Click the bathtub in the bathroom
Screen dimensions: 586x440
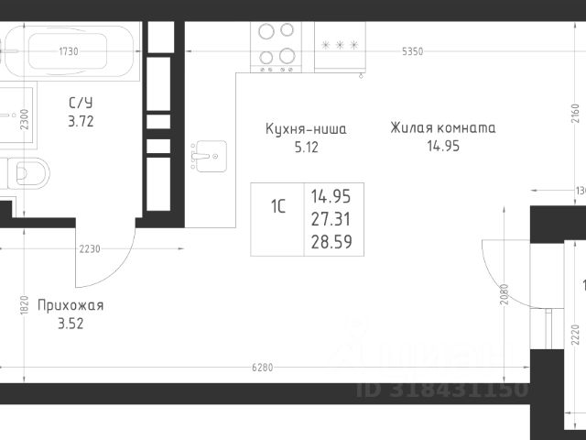point(72,51)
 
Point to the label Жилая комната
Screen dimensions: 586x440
point(442,127)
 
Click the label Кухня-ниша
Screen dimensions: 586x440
point(305,129)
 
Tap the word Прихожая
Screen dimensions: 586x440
point(70,305)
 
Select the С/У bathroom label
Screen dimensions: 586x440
point(81,103)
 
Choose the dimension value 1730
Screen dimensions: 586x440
point(68,51)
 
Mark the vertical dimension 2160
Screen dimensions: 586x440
point(575,113)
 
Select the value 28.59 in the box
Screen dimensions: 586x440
point(331,242)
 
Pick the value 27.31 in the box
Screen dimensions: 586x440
point(331,219)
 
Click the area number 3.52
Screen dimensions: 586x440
point(71,323)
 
